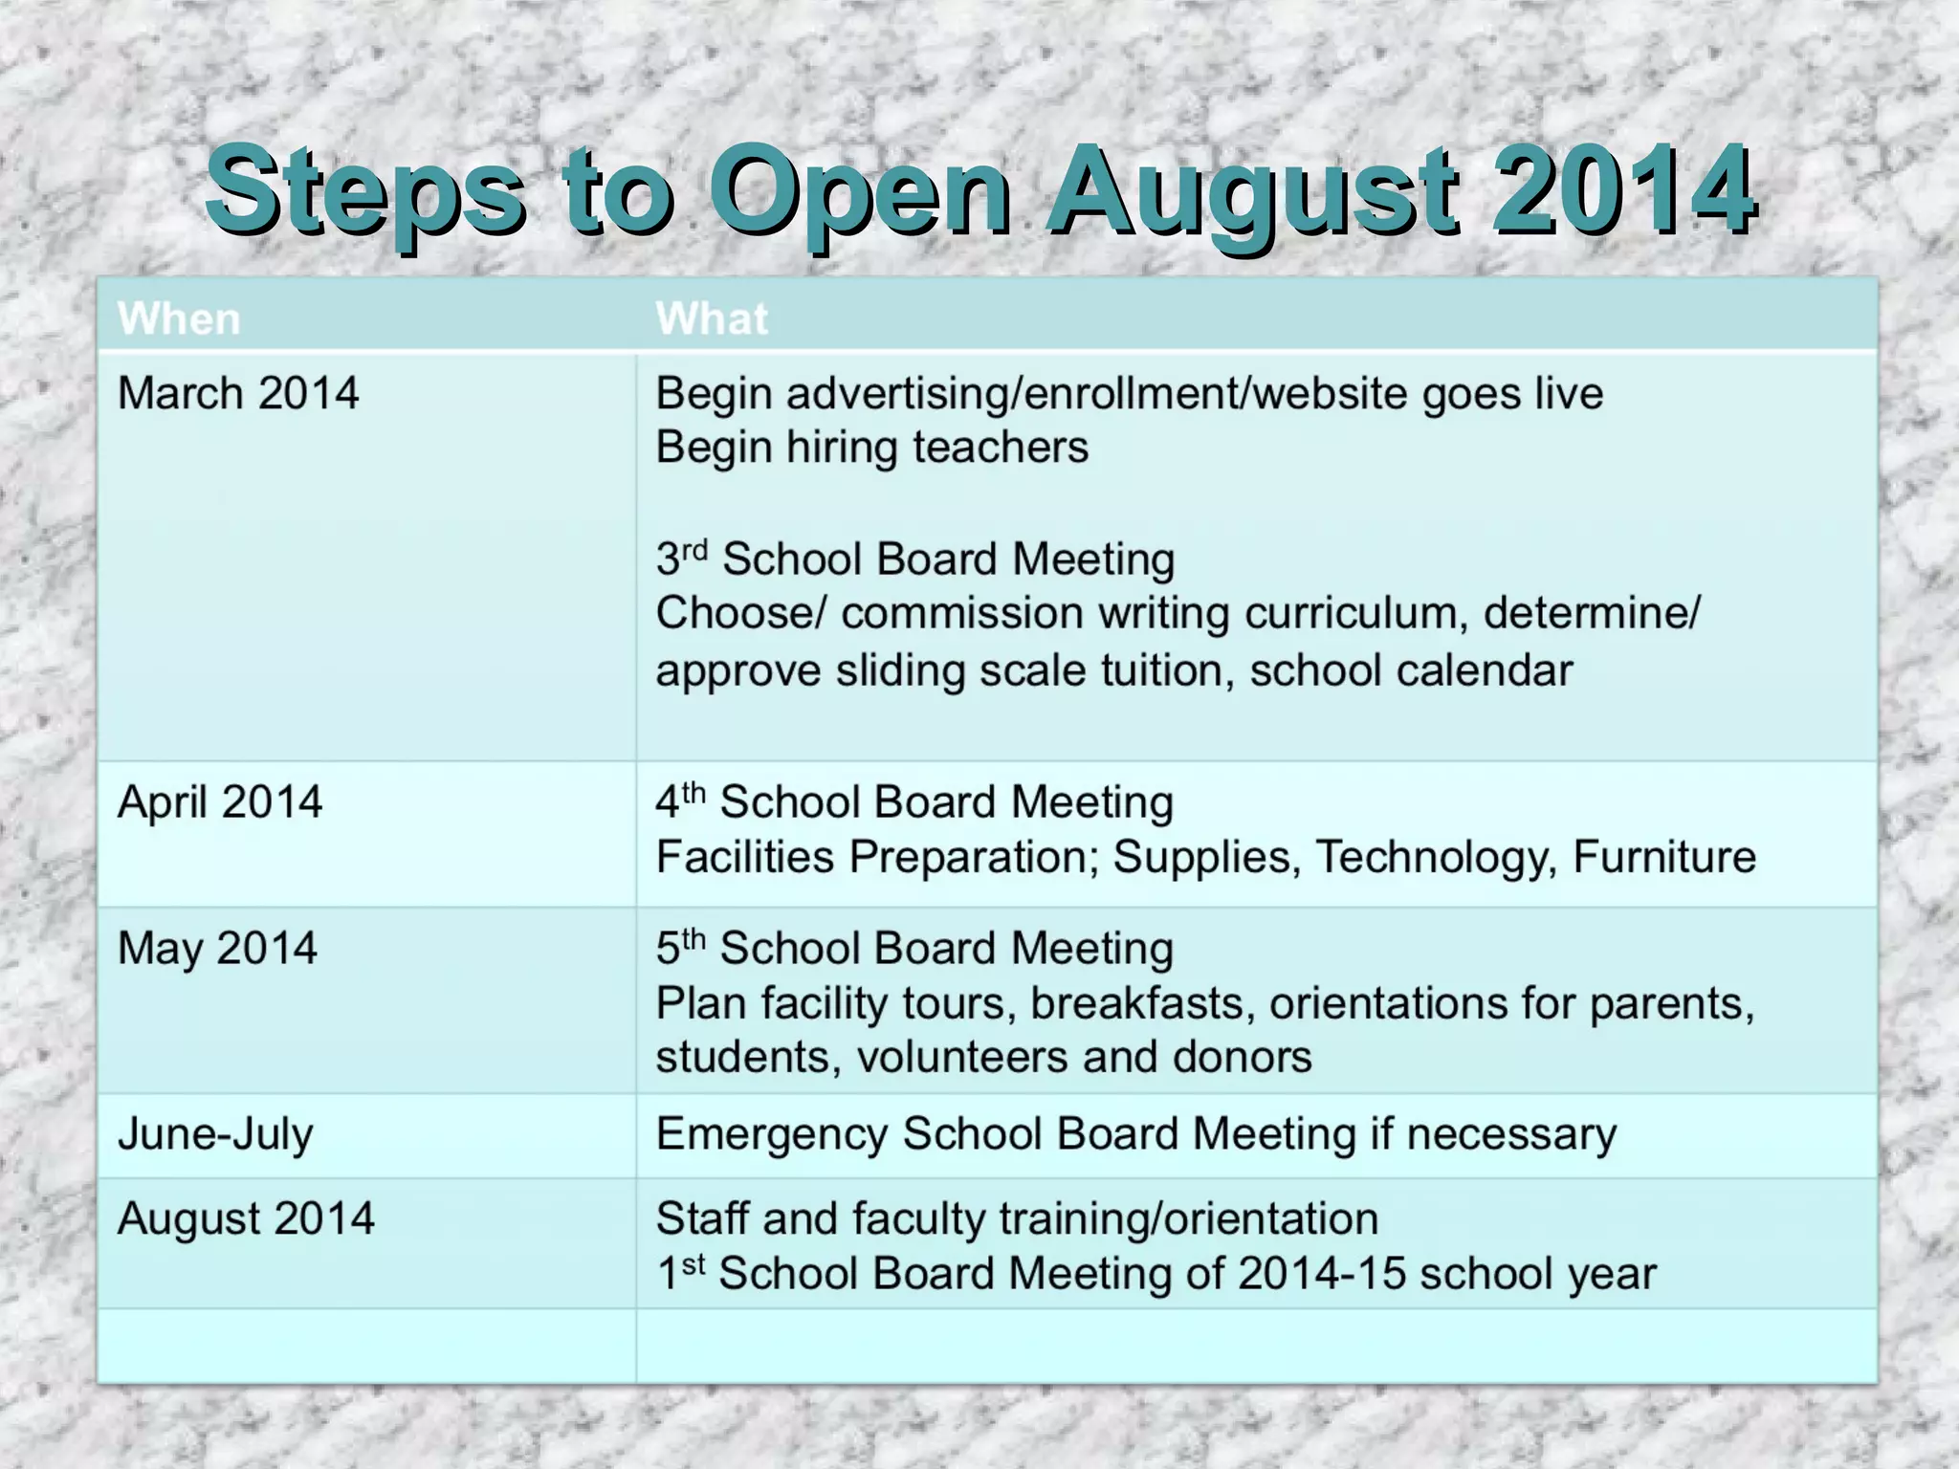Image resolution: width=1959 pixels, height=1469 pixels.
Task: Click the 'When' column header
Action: [179, 318]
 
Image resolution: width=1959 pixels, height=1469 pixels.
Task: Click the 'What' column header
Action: [712, 318]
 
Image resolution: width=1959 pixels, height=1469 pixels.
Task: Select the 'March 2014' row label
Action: [237, 393]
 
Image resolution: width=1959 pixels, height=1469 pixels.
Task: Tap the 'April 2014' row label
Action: [220, 801]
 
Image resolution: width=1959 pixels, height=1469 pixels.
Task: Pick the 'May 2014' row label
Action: [217, 949]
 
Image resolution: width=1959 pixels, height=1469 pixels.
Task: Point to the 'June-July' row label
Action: [215, 1134]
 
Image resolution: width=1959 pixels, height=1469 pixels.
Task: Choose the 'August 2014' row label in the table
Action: [246, 1218]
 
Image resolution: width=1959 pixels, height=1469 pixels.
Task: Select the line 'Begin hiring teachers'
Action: [871, 448]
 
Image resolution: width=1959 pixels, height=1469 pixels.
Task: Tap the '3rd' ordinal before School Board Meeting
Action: [681, 559]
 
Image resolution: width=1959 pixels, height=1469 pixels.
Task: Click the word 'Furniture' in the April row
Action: [1663, 857]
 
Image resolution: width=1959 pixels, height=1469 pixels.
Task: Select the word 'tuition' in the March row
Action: [1160, 669]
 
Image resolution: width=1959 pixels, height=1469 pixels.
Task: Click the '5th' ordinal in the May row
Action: [680, 949]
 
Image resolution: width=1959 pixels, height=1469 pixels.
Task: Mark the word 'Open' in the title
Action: [859, 190]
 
